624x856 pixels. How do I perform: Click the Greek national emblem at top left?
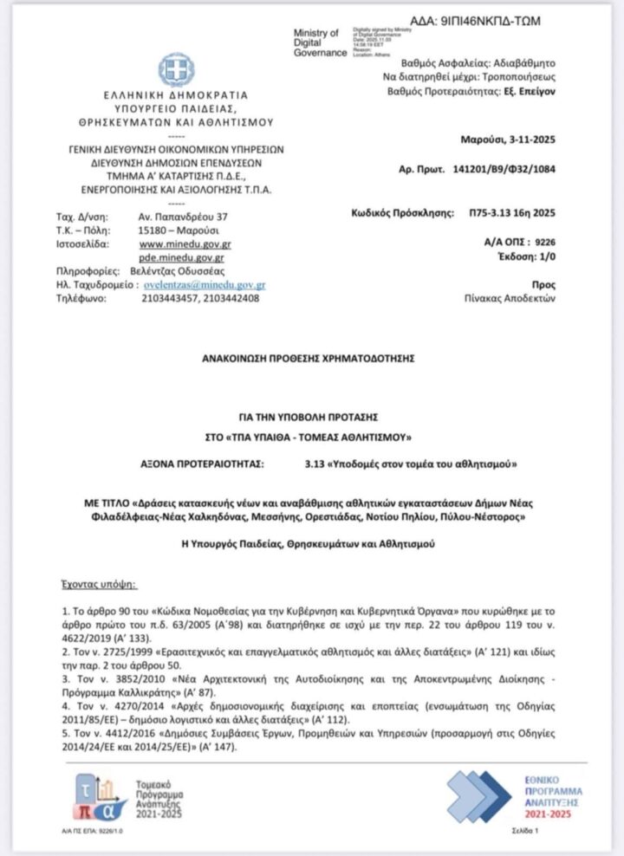(x=176, y=71)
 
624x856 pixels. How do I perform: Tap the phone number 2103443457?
(x=168, y=299)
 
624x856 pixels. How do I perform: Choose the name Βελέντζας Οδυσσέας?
(x=161, y=271)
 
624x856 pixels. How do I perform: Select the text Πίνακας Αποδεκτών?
(x=510, y=298)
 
